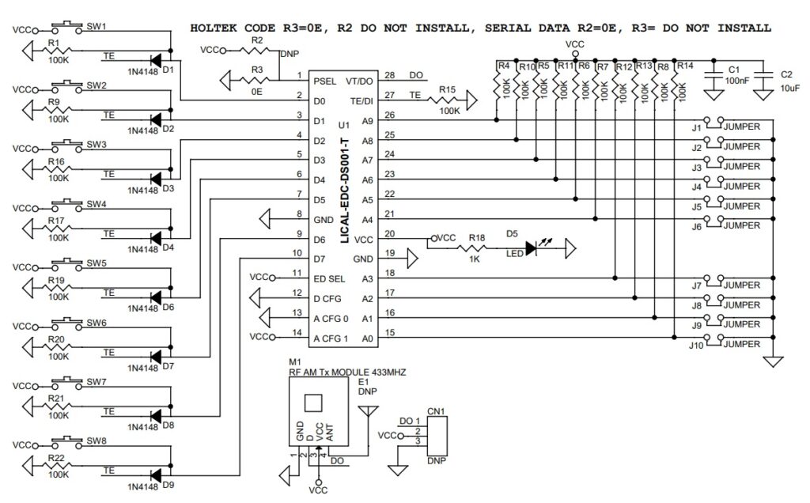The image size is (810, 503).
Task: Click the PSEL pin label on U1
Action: (x=326, y=81)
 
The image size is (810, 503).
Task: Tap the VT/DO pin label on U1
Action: (x=359, y=81)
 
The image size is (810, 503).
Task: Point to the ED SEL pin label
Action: (x=330, y=278)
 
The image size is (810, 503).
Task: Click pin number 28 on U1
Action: (x=389, y=76)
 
